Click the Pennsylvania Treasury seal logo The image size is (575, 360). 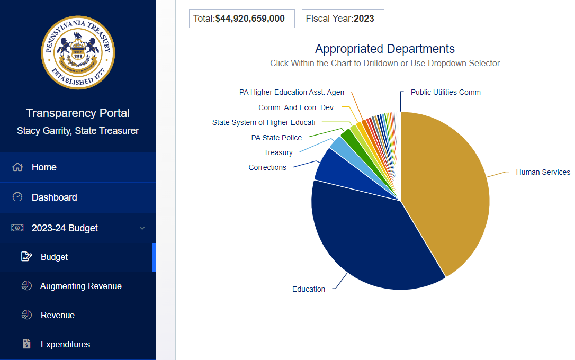pos(78,52)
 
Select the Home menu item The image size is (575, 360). pos(44,167)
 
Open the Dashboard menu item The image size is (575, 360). pos(54,197)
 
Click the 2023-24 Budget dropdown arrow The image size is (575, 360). pos(142,228)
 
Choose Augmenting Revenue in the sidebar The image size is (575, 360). pos(80,286)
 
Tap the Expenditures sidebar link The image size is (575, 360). pos(65,344)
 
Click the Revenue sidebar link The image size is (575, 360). pos(57,315)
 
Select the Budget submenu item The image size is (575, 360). pos(54,257)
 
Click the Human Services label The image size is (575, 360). pos(543,172)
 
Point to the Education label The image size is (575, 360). pos(309,289)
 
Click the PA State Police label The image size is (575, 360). pos(276,138)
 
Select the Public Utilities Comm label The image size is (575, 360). pos(445,92)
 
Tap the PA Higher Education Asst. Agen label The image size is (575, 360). pos(292,92)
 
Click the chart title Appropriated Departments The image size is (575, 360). pos(384,49)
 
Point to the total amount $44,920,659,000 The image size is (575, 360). pos(249,19)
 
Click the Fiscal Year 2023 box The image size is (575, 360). pos(343,19)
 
